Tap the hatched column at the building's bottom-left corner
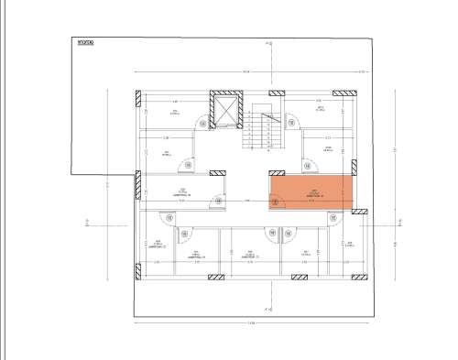point(136,271)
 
